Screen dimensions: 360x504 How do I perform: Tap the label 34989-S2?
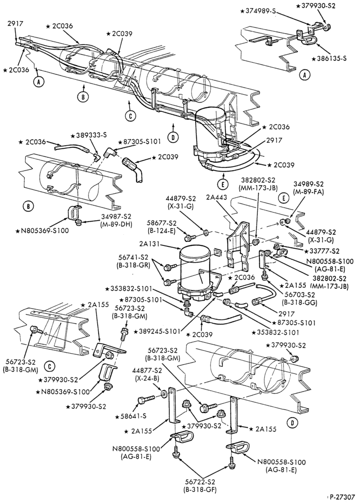pyautogui.click(x=308, y=184)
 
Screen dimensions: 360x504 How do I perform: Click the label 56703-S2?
pyautogui.click(x=295, y=295)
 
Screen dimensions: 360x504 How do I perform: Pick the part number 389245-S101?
pyautogui.click(x=160, y=331)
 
